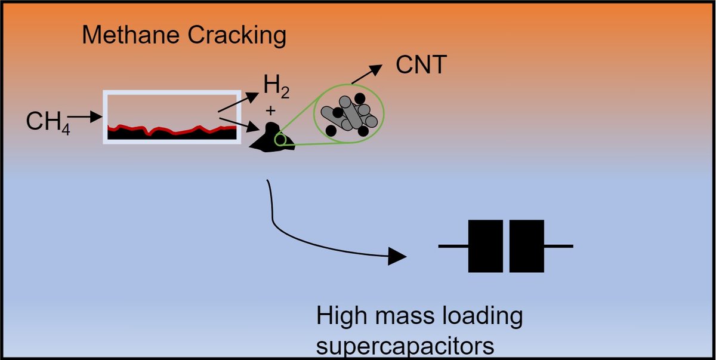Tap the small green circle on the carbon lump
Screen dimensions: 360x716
280,140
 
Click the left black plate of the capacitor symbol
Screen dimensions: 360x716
486,246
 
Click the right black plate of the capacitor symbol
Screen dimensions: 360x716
527,246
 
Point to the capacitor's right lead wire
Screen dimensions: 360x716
559,246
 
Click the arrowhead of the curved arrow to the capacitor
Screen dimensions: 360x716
397,257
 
